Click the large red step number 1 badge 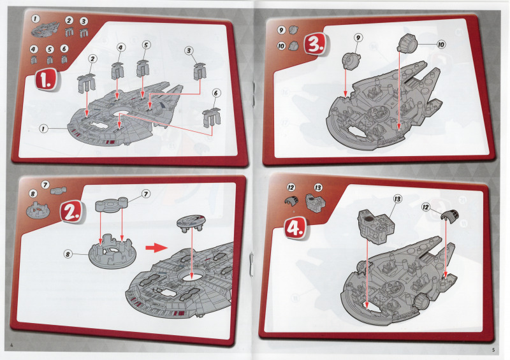point(46,80)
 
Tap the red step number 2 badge point(71,212)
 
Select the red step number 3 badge point(315,44)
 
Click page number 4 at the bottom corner point(12,345)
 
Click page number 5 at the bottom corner point(493,350)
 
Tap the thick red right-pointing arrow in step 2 point(156,248)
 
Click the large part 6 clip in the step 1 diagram point(212,117)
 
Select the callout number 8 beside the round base point(68,254)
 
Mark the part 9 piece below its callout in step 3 point(351,61)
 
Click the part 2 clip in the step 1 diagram point(87,83)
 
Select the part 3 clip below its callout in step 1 point(200,71)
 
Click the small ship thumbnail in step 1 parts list point(45,29)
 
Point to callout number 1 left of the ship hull point(43,129)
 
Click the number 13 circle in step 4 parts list point(317,187)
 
